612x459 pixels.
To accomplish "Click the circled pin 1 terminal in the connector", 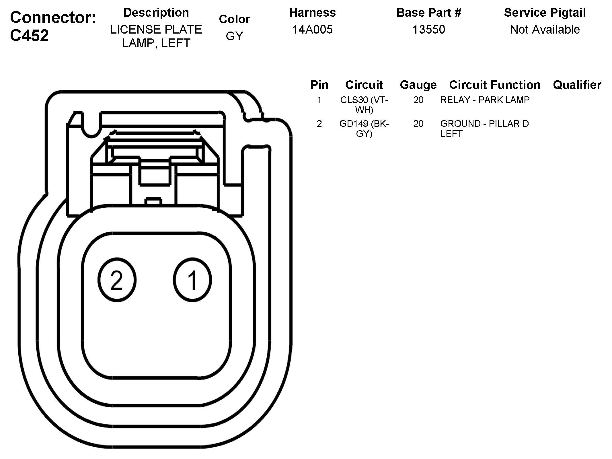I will click(x=192, y=280).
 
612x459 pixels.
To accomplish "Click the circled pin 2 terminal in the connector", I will click(x=117, y=280).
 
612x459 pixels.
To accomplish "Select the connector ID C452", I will click(x=30, y=36).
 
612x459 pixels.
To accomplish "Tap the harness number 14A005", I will click(x=312, y=30).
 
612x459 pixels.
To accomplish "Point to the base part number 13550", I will click(x=428, y=30).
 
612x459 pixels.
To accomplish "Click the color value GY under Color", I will click(x=234, y=36).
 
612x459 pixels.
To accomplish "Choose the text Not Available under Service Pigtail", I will click(x=545, y=30).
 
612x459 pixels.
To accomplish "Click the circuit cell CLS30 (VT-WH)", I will click(x=364, y=105).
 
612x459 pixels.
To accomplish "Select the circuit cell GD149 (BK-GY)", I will click(x=364, y=129).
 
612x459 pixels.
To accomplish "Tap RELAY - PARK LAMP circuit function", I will click(x=485, y=100).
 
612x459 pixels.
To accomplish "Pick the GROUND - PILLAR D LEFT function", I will click(x=484, y=129).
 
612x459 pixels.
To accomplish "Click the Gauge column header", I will click(x=418, y=85).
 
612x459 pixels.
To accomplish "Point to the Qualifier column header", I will click(x=577, y=85).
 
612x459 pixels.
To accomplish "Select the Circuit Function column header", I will click(x=495, y=85).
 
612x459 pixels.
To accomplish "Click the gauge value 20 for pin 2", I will click(x=418, y=124).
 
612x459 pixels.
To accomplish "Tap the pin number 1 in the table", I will click(x=319, y=100).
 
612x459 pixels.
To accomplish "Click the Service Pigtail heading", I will click(x=545, y=13).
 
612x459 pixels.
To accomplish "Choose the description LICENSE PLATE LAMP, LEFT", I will click(x=156, y=36).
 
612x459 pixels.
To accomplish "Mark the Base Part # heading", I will click(x=429, y=13).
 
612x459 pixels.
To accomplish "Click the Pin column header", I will click(x=319, y=85).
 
